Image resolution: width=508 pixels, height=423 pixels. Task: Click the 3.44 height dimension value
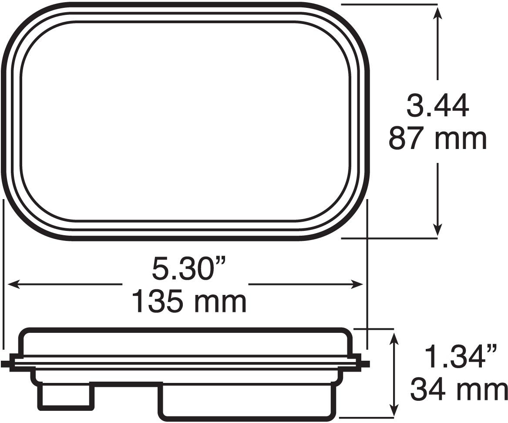click(x=437, y=106)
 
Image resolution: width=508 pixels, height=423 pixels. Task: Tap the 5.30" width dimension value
click(x=189, y=268)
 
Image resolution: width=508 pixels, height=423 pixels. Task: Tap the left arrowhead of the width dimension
click(x=14, y=284)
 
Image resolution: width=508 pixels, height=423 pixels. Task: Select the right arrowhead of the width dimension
click(x=356, y=284)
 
